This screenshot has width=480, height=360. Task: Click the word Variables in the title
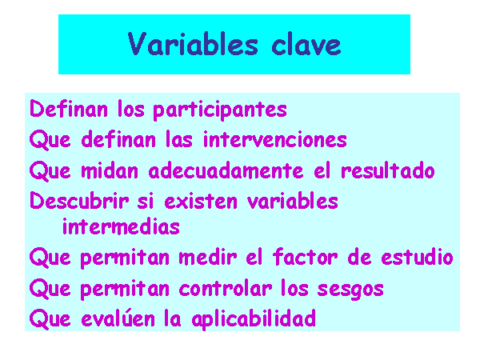point(193,44)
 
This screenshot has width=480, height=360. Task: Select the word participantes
point(220,110)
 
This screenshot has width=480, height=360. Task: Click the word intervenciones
point(275,139)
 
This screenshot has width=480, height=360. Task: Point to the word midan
point(110,170)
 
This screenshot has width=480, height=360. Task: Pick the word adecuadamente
point(226,170)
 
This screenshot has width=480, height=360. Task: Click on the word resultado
point(388,170)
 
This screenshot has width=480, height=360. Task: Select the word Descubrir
point(79,201)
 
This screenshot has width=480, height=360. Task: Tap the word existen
point(201,202)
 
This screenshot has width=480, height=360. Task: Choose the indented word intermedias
point(121,226)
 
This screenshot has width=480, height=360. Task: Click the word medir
point(208,257)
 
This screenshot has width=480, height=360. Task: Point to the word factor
point(306,257)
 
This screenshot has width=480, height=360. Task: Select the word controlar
point(226,288)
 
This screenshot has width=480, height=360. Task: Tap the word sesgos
point(350,290)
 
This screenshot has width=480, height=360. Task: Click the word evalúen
point(118,318)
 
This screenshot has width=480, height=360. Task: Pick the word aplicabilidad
point(254,319)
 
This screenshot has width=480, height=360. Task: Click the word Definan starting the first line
point(69,109)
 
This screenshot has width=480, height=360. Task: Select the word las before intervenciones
point(179,139)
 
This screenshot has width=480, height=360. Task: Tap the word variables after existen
point(293,201)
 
